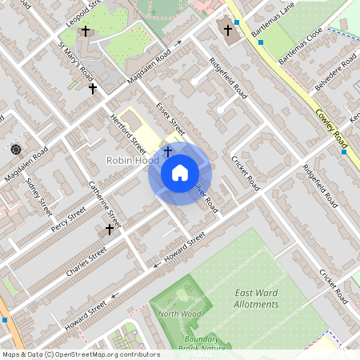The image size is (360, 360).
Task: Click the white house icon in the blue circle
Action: (x=180, y=172)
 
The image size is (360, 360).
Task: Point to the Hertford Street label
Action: (x=128, y=132)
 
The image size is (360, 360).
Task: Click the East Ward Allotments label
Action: (x=257, y=298)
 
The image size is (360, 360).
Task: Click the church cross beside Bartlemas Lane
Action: (x=228, y=31)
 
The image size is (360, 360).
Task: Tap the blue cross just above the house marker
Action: (x=167, y=150)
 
